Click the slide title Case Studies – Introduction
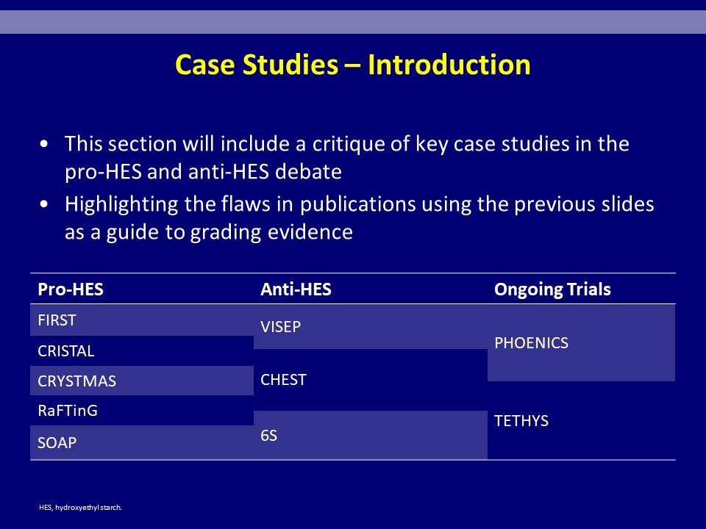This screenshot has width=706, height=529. (353, 65)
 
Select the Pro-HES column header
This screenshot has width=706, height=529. (71, 289)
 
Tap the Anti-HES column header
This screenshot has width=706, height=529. (296, 289)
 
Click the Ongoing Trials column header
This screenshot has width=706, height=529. (552, 289)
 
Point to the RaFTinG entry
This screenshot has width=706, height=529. (68, 411)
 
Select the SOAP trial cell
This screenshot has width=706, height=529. (57, 442)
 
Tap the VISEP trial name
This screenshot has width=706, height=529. (280, 326)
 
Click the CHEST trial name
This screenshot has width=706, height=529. (283, 380)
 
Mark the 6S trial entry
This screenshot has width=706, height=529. (269, 436)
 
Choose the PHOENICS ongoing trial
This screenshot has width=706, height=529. (531, 343)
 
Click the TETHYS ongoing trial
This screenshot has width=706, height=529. (521, 420)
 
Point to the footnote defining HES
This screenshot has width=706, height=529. (80, 508)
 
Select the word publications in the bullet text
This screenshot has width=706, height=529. (358, 205)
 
